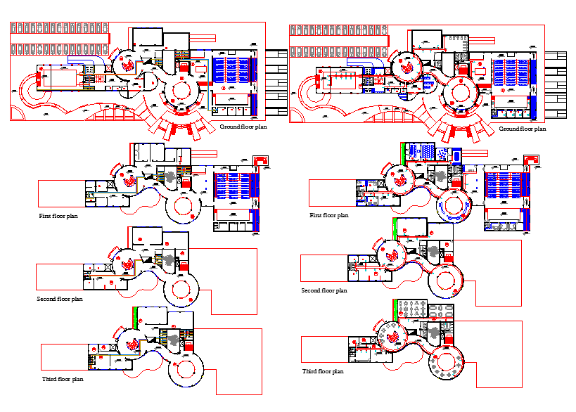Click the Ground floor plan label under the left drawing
tap(243, 127)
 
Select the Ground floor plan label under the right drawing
tap(522, 129)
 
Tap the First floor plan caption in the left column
tap(58, 216)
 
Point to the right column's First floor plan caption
tap(329, 215)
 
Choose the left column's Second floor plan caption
tap(60, 299)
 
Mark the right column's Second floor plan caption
tap(324, 290)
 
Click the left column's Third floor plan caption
tap(63, 379)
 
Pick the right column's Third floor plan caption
tap(323, 371)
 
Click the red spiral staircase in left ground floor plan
tap(128, 64)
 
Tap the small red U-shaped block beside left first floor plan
tap(261, 162)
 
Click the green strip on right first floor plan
tap(402, 150)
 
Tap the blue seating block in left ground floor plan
tap(233, 70)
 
